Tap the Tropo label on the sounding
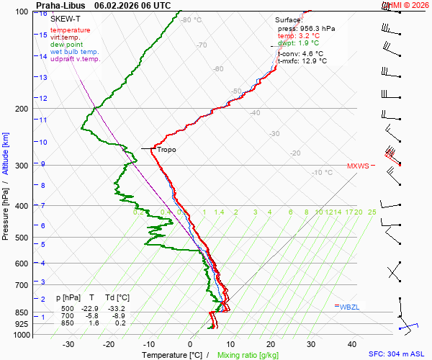click(166, 150)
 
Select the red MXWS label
click(358, 166)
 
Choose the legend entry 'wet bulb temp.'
click(74, 52)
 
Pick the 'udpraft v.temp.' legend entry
click(75, 59)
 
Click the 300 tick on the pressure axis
click(22, 166)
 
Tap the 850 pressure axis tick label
click(22, 313)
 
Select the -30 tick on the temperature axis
click(68, 344)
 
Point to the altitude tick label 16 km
click(43, 14)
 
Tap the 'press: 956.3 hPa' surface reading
click(306, 29)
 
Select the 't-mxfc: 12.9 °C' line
click(302, 61)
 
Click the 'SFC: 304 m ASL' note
click(397, 354)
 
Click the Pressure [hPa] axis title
click(5, 205)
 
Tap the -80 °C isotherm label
click(192, 20)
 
